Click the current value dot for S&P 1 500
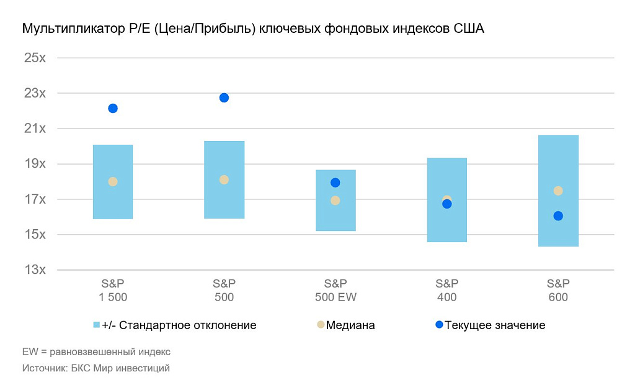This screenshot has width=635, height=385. point(113,109)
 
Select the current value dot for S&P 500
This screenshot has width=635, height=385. point(224,97)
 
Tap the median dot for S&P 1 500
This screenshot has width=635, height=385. point(113,181)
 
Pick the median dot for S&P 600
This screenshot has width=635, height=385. point(558,191)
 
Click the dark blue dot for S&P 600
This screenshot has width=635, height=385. point(558,216)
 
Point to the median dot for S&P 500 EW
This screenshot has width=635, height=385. point(335,201)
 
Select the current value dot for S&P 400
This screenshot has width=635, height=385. point(446,204)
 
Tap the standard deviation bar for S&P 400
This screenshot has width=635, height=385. point(446,174)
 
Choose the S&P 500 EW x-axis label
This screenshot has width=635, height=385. point(335,291)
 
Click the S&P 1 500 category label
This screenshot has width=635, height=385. point(113,291)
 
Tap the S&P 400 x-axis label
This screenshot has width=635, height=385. point(446,291)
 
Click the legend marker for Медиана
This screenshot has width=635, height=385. point(320,325)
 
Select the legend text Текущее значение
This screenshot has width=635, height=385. point(495,325)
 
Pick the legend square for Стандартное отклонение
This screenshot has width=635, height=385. point(96,325)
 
